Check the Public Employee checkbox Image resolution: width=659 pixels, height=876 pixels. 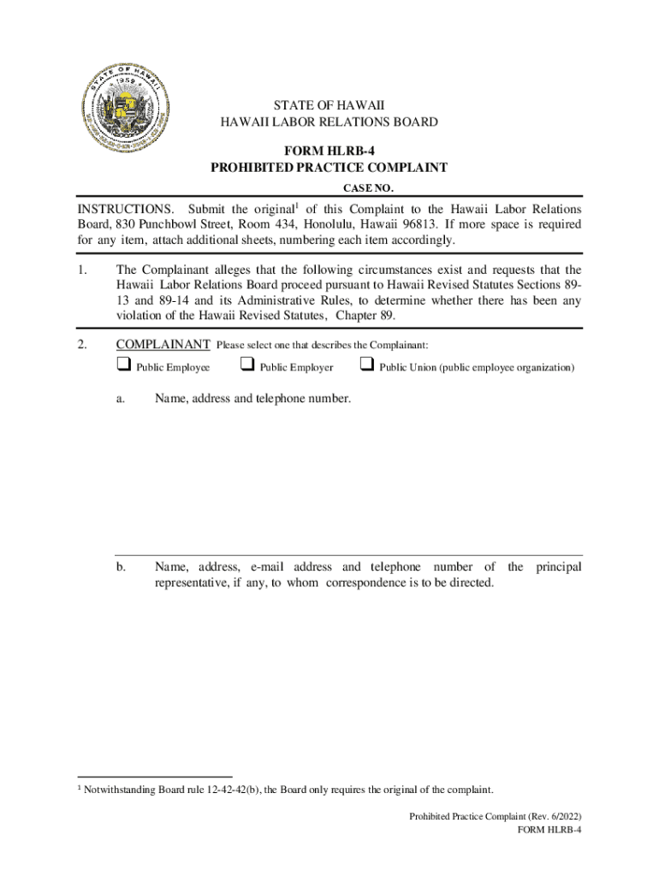coord(121,366)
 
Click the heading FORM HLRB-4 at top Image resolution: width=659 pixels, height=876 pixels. coord(329,151)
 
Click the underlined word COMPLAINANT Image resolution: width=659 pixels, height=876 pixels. coord(163,344)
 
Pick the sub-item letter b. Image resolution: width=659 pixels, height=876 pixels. coord(122,567)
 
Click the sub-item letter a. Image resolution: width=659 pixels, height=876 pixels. coord(122,398)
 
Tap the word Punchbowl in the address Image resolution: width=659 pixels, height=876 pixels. coord(169,225)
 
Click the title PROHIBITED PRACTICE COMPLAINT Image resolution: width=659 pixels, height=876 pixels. coord(329,168)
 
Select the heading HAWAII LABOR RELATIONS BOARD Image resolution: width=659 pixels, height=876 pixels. coord(329,122)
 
